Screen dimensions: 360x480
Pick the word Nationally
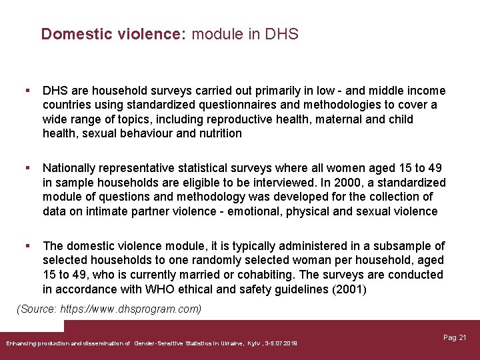tap(69, 168)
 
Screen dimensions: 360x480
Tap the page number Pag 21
tap(455, 338)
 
